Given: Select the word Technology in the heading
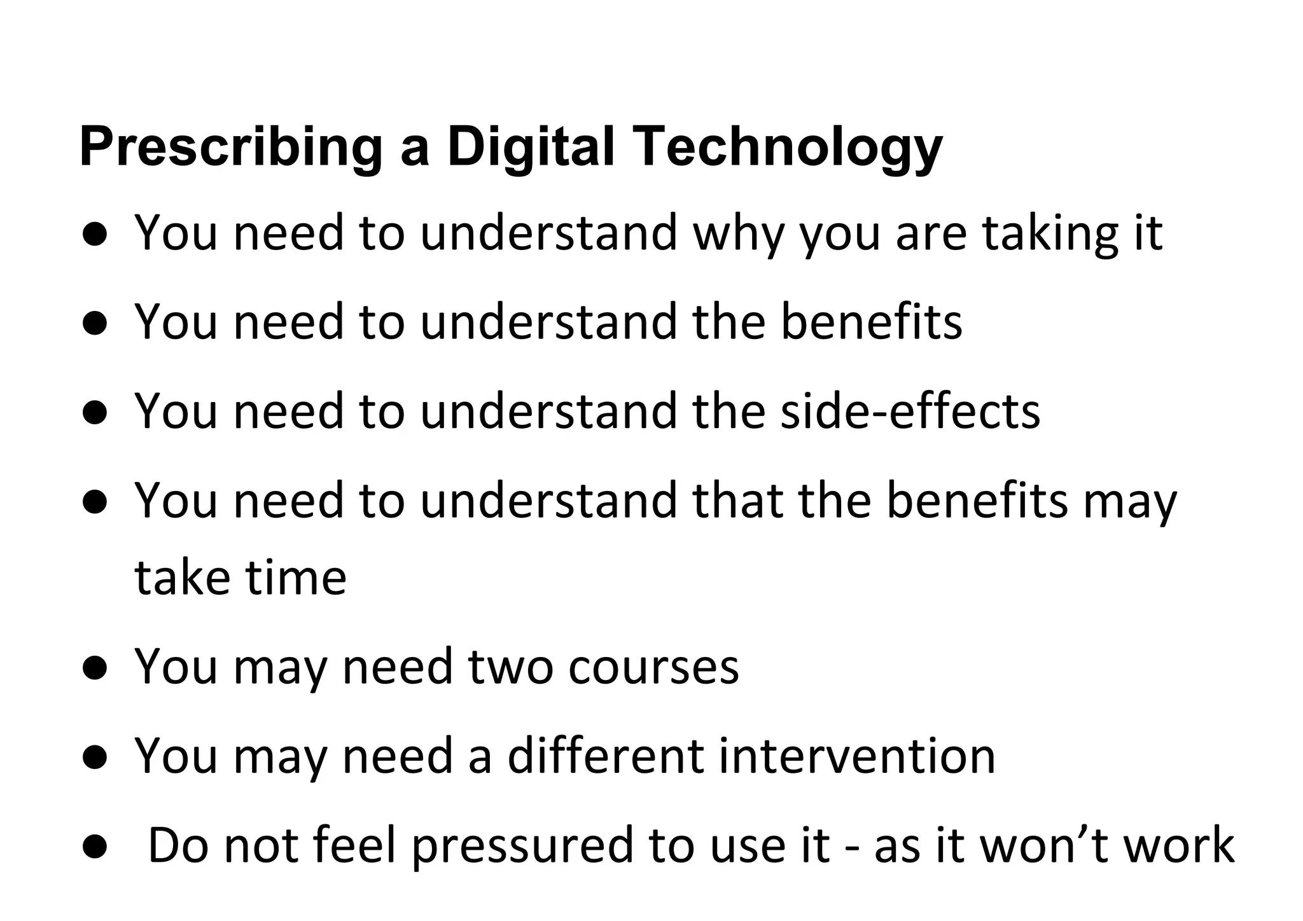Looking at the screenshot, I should pyautogui.click(x=789, y=148).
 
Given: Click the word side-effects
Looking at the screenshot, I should pyautogui.click(x=910, y=411).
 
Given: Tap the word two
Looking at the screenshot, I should pyautogui.click(x=510, y=667).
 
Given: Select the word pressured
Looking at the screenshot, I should pyautogui.click(x=522, y=846).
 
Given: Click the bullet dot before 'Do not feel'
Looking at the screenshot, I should pyautogui.click(x=94, y=847).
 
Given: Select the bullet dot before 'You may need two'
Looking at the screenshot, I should pyautogui.click(x=94, y=669).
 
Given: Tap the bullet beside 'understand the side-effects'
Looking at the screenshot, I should pyautogui.click(x=94, y=413).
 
